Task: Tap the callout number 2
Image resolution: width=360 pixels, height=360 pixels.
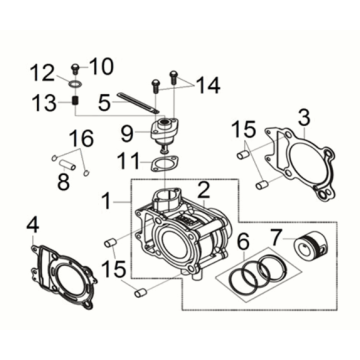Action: pos(203,188)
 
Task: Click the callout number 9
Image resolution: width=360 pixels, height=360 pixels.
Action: pos(126,131)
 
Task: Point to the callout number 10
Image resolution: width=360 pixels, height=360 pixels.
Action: pos(102,68)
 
